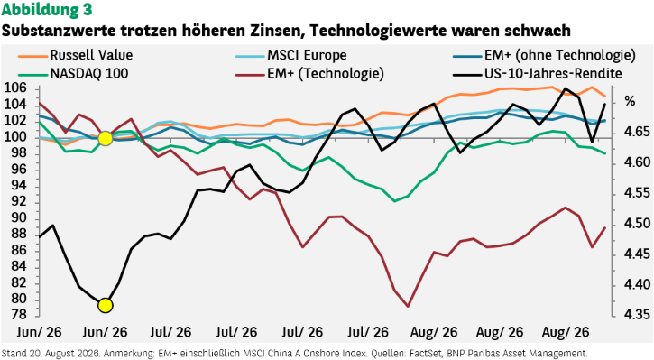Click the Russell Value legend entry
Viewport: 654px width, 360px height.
pos(75,55)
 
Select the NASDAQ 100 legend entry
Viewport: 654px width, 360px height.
pos(73,74)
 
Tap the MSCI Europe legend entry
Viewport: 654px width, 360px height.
pos(291,55)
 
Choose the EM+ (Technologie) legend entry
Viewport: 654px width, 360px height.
pos(309,74)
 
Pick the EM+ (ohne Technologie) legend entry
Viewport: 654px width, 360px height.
pos(544,55)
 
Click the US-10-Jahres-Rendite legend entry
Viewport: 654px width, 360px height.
pos(538,74)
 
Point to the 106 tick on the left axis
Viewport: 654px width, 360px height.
pos(15,88)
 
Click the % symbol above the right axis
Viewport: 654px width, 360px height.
pos(630,101)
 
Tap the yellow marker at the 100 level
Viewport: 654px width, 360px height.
pos(106,138)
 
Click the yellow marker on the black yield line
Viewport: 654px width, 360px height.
pos(106,305)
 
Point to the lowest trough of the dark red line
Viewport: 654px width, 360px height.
pos(408,307)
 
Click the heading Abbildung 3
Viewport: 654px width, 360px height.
pos(46,10)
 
